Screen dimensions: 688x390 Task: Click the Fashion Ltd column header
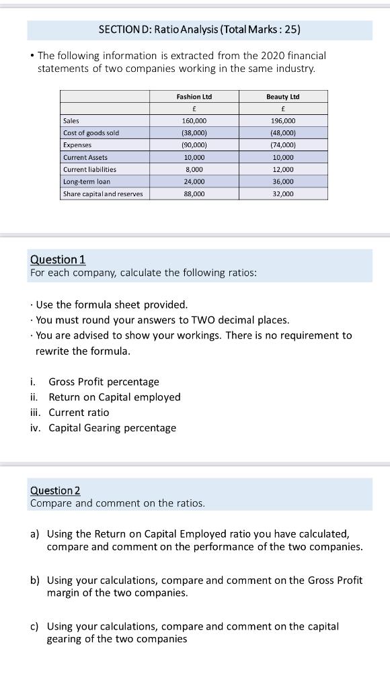coord(194,97)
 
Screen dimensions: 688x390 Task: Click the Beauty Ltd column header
coord(282,97)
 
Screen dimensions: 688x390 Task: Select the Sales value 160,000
coord(194,121)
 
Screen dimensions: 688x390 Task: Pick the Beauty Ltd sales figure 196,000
coord(282,121)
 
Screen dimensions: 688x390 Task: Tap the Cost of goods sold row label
coord(91,133)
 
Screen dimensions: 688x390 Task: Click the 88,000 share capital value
coord(194,193)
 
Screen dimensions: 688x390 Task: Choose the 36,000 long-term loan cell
coord(282,181)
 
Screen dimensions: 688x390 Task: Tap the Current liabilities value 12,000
coord(282,169)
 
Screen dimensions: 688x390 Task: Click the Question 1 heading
coord(58,259)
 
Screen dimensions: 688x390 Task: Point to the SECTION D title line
coord(199,30)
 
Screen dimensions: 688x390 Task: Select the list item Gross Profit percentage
coord(104,382)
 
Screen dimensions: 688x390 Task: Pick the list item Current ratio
coord(79,413)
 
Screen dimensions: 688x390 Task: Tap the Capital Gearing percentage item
coord(112,428)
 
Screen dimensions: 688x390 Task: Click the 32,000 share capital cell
coord(282,193)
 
